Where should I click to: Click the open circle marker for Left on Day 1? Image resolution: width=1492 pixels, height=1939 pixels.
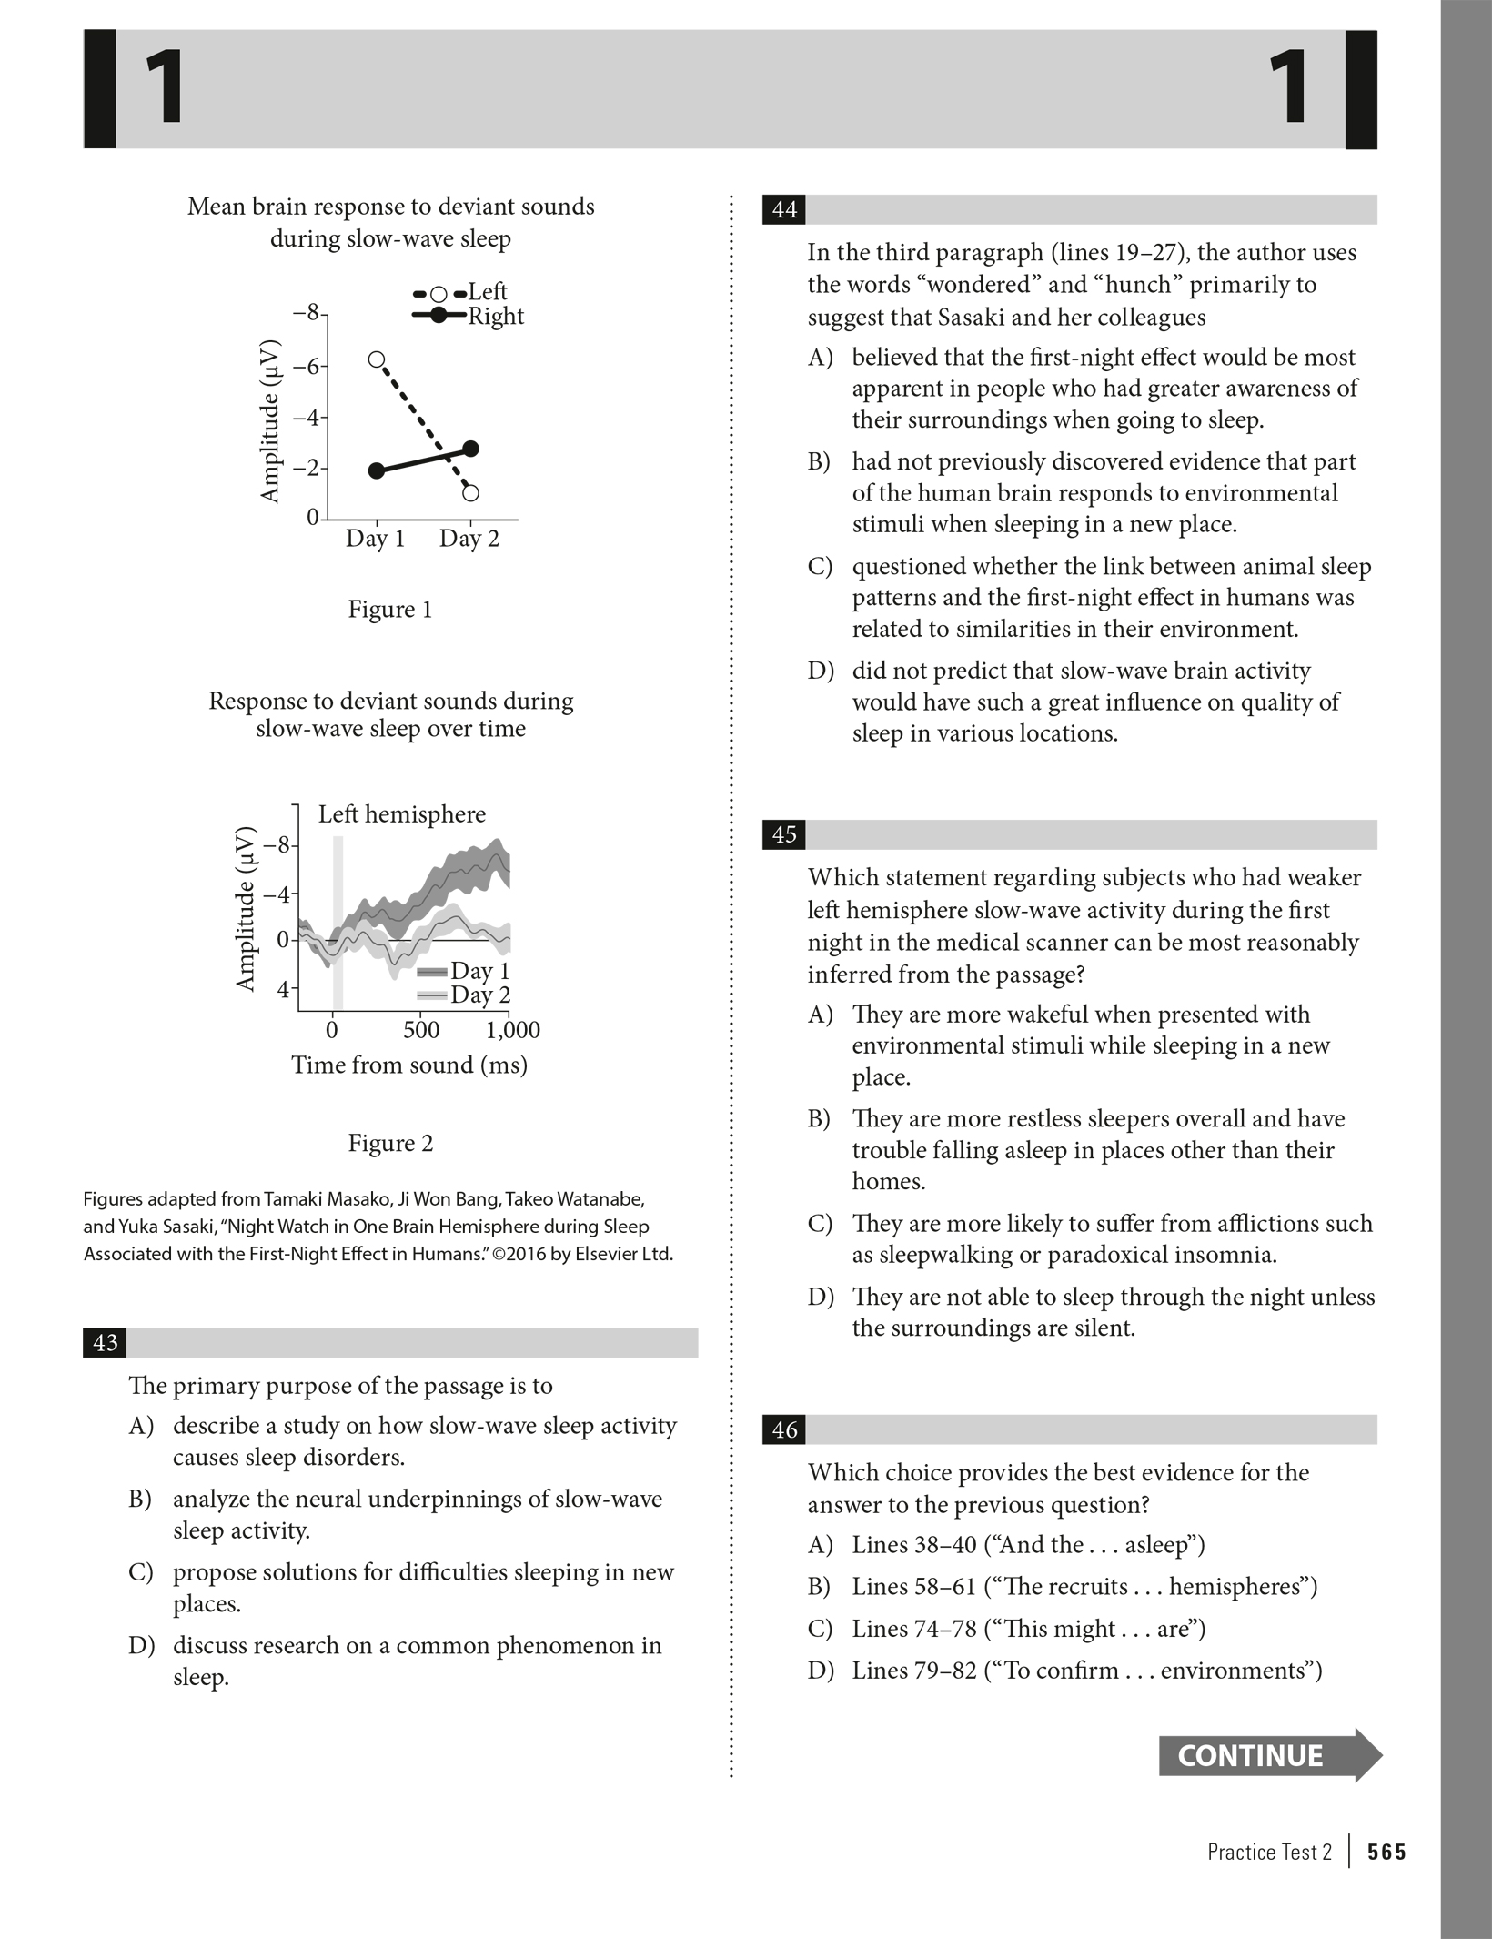[377, 359]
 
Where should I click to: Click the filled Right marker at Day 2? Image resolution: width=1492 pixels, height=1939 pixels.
[470, 449]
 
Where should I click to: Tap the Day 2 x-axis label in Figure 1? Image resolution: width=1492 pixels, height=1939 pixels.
[469, 539]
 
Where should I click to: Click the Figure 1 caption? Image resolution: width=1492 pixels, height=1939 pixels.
[390, 610]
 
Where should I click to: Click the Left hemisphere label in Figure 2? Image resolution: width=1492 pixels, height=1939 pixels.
[402, 814]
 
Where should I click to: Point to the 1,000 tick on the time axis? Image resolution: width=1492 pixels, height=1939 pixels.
[513, 1030]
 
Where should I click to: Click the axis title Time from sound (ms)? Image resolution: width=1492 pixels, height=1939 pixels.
[409, 1065]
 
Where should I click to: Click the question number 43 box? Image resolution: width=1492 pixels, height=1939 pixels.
[105, 1343]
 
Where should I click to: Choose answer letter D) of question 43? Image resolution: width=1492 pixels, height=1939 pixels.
[141, 1646]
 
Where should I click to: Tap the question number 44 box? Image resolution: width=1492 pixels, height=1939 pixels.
[784, 210]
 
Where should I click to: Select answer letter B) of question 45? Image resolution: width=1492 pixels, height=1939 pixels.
[820, 1119]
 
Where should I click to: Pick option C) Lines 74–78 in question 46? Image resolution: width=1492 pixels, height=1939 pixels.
[1028, 1629]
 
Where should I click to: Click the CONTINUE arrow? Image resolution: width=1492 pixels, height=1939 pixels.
[1269, 1755]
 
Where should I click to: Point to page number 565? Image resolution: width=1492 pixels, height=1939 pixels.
[1386, 1852]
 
